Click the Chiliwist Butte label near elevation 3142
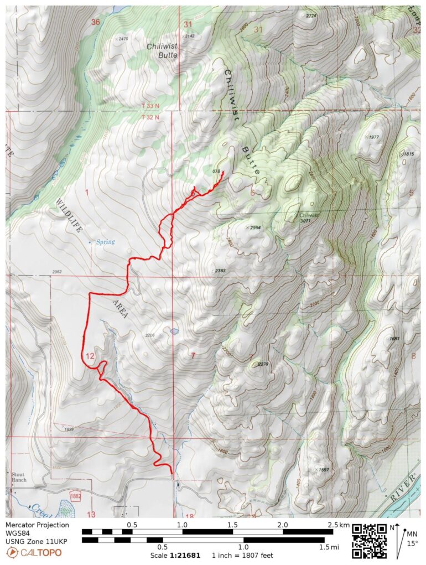(162, 51)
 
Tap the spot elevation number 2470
(122, 39)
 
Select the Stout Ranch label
(19, 476)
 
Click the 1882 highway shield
(76, 497)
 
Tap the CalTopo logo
(34, 552)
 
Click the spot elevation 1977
(373, 137)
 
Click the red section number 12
(91, 356)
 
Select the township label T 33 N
(149, 104)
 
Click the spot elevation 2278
(263, 364)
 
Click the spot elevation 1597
(324, 470)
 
